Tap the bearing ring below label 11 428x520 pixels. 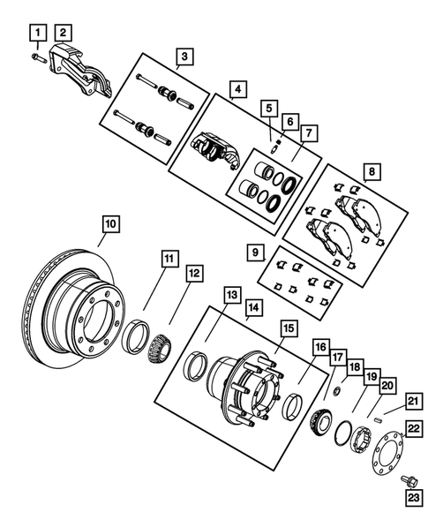138,335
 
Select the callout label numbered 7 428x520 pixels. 307,132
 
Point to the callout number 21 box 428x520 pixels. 411,401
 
